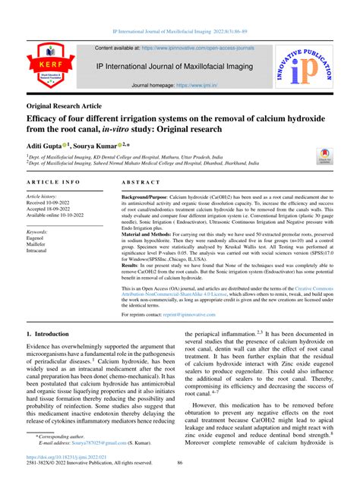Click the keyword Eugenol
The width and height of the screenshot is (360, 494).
(37, 238)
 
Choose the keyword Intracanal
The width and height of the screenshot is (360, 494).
(39, 252)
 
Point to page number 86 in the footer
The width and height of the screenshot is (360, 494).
(180, 485)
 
